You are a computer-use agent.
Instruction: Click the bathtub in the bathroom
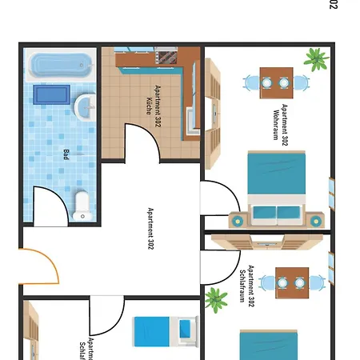[59, 65]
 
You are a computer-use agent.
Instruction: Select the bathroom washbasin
[86, 106]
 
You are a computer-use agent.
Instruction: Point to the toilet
[82, 204]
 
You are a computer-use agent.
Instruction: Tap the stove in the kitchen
[167, 56]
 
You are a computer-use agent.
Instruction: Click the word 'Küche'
[149, 106]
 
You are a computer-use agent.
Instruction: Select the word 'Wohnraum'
[276, 125]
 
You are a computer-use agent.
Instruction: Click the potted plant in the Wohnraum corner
[316, 58]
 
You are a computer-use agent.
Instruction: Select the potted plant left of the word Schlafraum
[215, 300]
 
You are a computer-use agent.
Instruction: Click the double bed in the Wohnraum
[275, 188]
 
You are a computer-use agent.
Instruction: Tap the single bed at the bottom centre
[165, 330]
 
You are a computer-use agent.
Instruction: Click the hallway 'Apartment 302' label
[150, 229]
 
